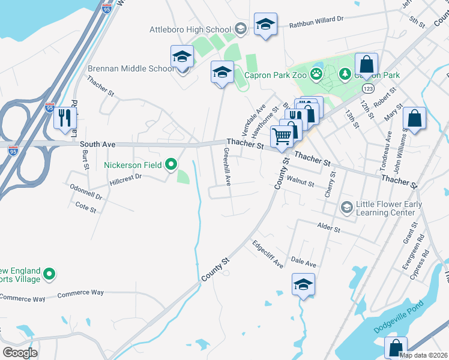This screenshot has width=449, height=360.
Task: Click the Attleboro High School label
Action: [x=190, y=29]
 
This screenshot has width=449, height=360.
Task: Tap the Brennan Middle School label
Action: [x=131, y=68]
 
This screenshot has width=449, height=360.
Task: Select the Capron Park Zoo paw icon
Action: [x=316, y=75]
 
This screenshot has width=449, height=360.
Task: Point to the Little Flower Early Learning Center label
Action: [x=388, y=208]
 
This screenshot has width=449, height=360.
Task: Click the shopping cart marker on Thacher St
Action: [x=282, y=136]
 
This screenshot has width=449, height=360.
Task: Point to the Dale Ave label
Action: [x=303, y=263]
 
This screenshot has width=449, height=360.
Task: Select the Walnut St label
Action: [x=301, y=180]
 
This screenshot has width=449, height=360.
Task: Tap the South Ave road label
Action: [x=97, y=144]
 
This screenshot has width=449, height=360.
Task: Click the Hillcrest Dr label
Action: [x=125, y=177]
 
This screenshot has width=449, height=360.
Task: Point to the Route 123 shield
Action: [x=367, y=88]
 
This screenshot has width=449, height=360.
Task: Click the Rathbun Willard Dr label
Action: [x=316, y=19]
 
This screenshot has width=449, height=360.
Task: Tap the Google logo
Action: [x=20, y=352]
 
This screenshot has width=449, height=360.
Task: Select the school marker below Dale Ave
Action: [x=303, y=284]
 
